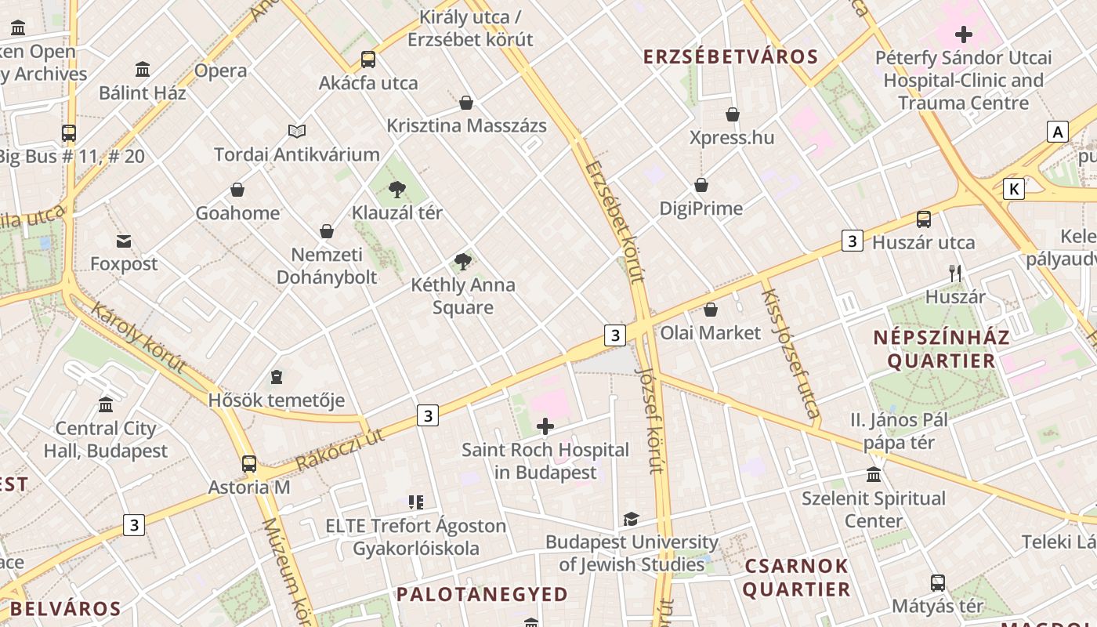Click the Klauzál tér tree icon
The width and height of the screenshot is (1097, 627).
pyautogui.click(x=397, y=189)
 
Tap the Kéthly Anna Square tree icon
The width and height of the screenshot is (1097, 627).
pyautogui.click(x=463, y=262)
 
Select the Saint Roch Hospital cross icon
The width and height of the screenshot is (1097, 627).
pyautogui.click(x=545, y=426)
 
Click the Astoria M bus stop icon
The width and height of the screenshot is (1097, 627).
pyautogui.click(x=249, y=464)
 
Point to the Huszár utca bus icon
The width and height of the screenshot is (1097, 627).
pyautogui.click(x=924, y=219)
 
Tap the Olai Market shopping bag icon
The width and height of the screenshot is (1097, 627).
pyautogui.click(x=711, y=310)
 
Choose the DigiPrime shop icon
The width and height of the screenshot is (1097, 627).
pyautogui.click(x=701, y=185)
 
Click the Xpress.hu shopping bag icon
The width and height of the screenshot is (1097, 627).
pyautogui.click(x=733, y=114)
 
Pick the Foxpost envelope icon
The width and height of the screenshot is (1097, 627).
pyautogui.click(x=124, y=241)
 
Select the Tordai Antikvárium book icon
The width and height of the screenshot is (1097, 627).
pyautogui.click(x=297, y=131)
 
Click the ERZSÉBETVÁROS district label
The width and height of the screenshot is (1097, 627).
pyautogui.click(x=730, y=56)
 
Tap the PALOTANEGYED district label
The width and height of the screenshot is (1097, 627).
pyautogui.click(x=482, y=594)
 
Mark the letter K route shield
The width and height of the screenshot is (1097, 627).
pyautogui.click(x=1014, y=189)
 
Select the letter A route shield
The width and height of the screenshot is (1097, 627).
pyautogui.click(x=1058, y=132)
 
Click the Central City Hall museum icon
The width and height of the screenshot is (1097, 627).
pyautogui.click(x=106, y=405)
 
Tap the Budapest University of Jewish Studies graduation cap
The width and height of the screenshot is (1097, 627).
pyautogui.click(x=631, y=519)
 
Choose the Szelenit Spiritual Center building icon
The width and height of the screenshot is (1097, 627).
pyautogui.click(x=874, y=475)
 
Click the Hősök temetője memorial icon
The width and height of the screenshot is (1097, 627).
pyautogui.click(x=276, y=378)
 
